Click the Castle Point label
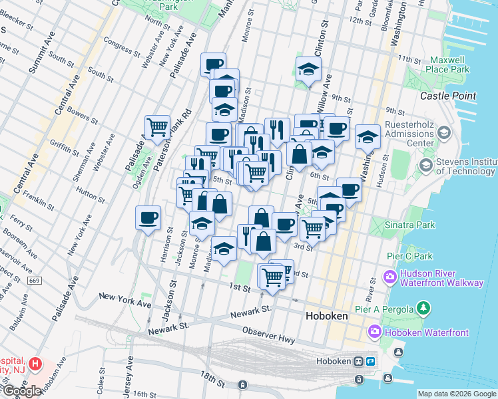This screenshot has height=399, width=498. (448, 96)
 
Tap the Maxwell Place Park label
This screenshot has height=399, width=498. (449, 65)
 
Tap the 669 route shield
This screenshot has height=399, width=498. (34, 281)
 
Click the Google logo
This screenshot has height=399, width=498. (22, 391)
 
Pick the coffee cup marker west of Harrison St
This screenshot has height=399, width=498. (148, 217)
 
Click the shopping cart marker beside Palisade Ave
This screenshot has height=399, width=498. (157, 126)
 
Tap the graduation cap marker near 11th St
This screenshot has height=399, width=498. (308, 70)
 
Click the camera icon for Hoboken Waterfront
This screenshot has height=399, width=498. (374, 331)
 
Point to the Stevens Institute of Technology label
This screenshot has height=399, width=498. (466, 168)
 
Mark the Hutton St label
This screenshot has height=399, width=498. (87, 192)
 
